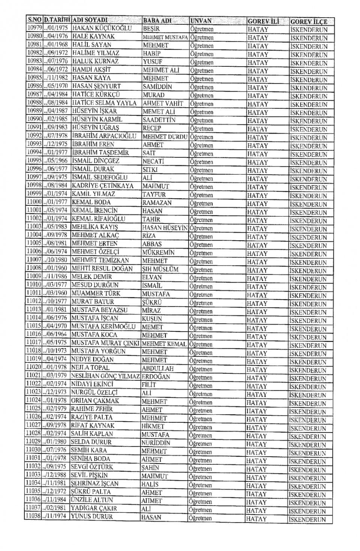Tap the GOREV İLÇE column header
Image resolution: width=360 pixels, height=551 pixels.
click(x=309, y=22)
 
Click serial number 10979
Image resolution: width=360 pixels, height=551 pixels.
click(x=34, y=28)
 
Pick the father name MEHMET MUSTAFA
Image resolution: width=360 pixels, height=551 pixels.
click(x=165, y=37)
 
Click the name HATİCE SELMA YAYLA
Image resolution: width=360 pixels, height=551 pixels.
click(x=104, y=103)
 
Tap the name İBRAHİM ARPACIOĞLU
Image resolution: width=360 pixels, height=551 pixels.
click(x=104, y=136)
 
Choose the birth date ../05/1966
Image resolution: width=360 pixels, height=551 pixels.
click(x=56, y=160)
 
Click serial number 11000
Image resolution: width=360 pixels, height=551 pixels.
click(x=34, y=202)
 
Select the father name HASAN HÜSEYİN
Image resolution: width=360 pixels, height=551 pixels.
click(x=165, y=227)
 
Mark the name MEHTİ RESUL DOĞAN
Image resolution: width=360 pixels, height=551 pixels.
click(x=102, y=268)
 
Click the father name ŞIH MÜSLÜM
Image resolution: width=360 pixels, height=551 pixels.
click(x=160, y=269)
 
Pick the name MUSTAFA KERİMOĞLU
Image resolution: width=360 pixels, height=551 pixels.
click(x=103, y=326)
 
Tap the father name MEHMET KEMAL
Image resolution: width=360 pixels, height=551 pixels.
click(x=164, y=344)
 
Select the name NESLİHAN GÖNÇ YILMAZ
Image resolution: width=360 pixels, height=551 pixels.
click(x=105, y=376)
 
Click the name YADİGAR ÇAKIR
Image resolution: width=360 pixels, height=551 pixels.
click(x=94, y=508)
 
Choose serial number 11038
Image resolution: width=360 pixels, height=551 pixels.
click(x=33, y=516)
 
